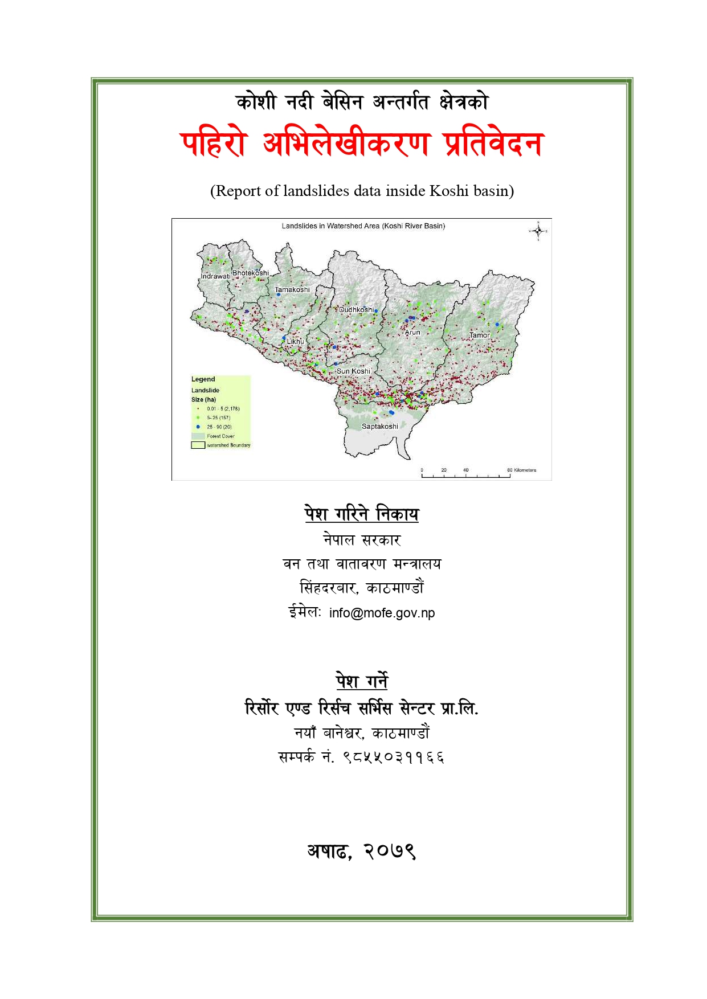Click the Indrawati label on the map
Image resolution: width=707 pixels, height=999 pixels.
(215, 276)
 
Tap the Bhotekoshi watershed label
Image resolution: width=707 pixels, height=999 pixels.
(250, 273)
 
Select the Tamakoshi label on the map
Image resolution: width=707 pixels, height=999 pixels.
(292, 290)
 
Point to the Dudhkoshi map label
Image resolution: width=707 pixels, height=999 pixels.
(357, 310)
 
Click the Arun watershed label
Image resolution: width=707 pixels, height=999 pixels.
(412, 333)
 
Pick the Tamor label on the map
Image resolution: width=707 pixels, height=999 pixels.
(479, 335)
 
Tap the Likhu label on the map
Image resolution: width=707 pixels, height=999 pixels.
(295, 342)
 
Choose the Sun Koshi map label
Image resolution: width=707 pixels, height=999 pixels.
(353, 371)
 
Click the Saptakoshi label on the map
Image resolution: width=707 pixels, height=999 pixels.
(380, 427)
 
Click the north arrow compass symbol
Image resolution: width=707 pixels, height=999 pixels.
(538, 231)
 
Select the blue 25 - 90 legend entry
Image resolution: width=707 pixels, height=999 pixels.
(219, 427)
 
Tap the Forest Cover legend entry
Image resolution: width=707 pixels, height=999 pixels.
(220, 436)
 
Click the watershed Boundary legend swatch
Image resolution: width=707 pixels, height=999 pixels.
(198, 445)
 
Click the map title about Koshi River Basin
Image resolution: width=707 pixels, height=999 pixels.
(363, 226)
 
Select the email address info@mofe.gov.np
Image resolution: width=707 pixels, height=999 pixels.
(382, 613)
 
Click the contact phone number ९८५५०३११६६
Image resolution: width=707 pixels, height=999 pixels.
(393, 758)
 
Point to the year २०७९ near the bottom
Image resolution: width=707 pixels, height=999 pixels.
(390, 851)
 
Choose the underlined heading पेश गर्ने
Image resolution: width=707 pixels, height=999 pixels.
(362, 681)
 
